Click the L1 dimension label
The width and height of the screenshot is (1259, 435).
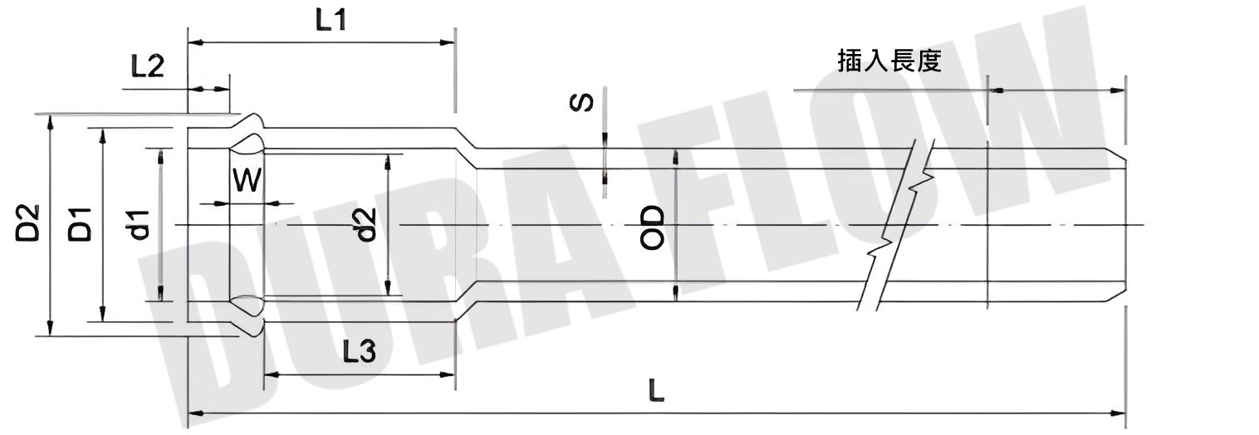(x=331, y=21)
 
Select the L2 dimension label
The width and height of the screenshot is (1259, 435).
(x=147, y=66)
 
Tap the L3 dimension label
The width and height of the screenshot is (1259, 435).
(x=359, y=353)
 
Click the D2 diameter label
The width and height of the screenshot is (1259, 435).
(x=27, y=222)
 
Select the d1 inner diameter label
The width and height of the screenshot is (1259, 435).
(x=139, y=224)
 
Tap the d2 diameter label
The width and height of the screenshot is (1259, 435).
(x=365, y=224)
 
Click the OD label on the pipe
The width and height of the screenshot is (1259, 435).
(x=653, y=227)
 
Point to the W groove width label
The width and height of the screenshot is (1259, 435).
(x=246, y=180)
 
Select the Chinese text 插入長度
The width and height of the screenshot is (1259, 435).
(x=889, y=61)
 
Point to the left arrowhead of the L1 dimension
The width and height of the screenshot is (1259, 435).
(x=194, y=42)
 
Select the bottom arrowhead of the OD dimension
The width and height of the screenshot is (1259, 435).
(x=675, y=291)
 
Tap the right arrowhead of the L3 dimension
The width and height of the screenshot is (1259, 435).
(x=448, y=375)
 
